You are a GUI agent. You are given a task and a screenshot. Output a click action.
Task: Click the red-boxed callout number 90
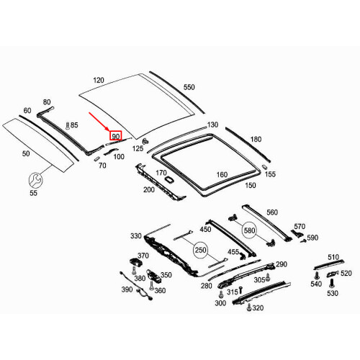click(x=115, y=135)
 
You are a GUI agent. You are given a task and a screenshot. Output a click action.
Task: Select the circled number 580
click(x=249, y=230)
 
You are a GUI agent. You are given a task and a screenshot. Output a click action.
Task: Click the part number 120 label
click(x=99, y=81)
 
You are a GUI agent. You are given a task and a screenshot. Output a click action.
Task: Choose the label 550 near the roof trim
click(x=189, y=87)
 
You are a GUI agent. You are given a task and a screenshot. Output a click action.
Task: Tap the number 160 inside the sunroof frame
click(x=222, y=174)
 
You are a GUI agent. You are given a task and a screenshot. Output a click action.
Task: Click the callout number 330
click(x=136, y=236)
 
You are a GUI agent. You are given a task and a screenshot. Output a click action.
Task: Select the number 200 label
click(x=149, y=190)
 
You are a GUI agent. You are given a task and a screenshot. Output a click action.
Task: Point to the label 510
click(x=333, y=257)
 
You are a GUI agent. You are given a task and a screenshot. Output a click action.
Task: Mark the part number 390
click(x=127, y=289)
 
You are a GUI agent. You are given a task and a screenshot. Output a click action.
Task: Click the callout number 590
click(x=312, y=238)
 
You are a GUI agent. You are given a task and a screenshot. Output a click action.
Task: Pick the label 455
click(x=233, y=252)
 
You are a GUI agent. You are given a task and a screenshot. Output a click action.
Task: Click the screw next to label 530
click(x=332, y=282)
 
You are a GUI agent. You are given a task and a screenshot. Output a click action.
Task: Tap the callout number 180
click(x=256, y=140)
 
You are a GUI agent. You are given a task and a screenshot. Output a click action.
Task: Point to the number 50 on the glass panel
click(x=25, y=154)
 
